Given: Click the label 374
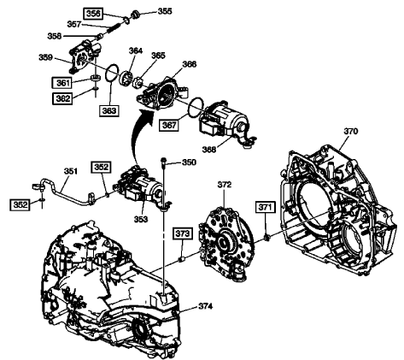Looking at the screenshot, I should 204,306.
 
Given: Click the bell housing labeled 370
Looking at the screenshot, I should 333,205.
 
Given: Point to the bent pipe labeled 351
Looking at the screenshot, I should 72,193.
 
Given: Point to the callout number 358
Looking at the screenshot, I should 53,37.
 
